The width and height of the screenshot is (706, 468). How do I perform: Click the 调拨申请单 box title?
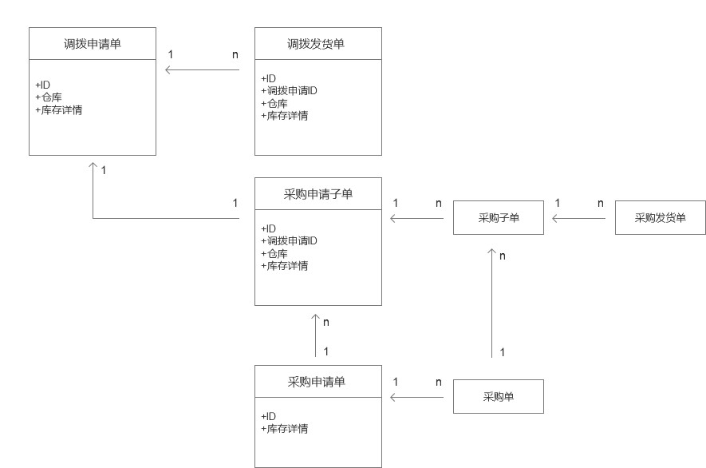[93, 43]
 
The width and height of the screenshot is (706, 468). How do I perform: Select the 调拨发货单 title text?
[318, 43]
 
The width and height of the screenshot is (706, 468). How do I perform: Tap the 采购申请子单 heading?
[318, 194]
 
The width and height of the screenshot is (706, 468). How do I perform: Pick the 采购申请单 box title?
[318, 381]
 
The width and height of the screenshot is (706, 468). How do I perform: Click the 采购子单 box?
[499, 217]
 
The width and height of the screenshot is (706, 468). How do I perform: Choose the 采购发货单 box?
[661, 217]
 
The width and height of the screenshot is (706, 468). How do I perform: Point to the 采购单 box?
[499, 396]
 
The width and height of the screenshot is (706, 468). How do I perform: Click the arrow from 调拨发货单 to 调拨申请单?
[203, 70]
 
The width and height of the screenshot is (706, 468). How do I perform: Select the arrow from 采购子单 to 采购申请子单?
[416, 218]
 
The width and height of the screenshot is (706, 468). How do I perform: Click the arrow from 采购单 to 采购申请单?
[416, 397]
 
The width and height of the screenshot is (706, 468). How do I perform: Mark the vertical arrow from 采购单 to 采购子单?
[491, 303]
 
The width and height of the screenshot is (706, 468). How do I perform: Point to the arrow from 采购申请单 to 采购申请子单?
[317, 335]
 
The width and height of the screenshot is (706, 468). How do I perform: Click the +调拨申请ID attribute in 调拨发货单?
[292, 90]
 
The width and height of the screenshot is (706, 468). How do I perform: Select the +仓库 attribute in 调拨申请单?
[50, 97]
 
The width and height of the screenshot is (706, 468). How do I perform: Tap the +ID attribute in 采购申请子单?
[269, 228]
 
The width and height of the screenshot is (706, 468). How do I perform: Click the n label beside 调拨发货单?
[235, 54]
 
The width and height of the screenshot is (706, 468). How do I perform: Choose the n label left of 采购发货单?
[601, 203]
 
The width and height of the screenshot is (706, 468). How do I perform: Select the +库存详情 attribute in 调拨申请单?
[60, 109]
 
